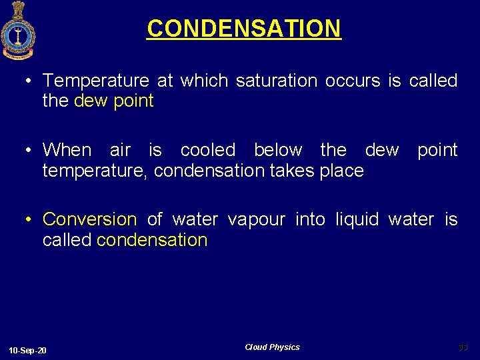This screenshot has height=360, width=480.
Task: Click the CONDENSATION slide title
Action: click(x=243, y=29)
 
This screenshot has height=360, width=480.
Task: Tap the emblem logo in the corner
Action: click(x=18, y=31)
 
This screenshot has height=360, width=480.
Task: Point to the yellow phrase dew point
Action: click(x=114, y=101)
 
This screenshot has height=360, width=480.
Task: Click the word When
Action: click(x=67, y=150)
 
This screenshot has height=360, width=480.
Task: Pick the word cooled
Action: click(x=207, y=150)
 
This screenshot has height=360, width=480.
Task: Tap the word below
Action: click(x=278, y=150)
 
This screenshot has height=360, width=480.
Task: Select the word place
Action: click(x=341, y=171)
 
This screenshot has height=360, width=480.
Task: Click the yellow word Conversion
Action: click(x=89, y=219)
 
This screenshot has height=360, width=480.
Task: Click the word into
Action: click(x=310, y=219)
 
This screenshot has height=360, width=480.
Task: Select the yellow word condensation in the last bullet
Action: click(x=152, y=240)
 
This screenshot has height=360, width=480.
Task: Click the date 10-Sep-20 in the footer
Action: click(x=28, y=351)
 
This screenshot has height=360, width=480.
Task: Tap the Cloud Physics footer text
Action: click(x=272, y=347)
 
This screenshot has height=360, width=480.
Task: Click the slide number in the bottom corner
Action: click(x=463, y=347)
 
